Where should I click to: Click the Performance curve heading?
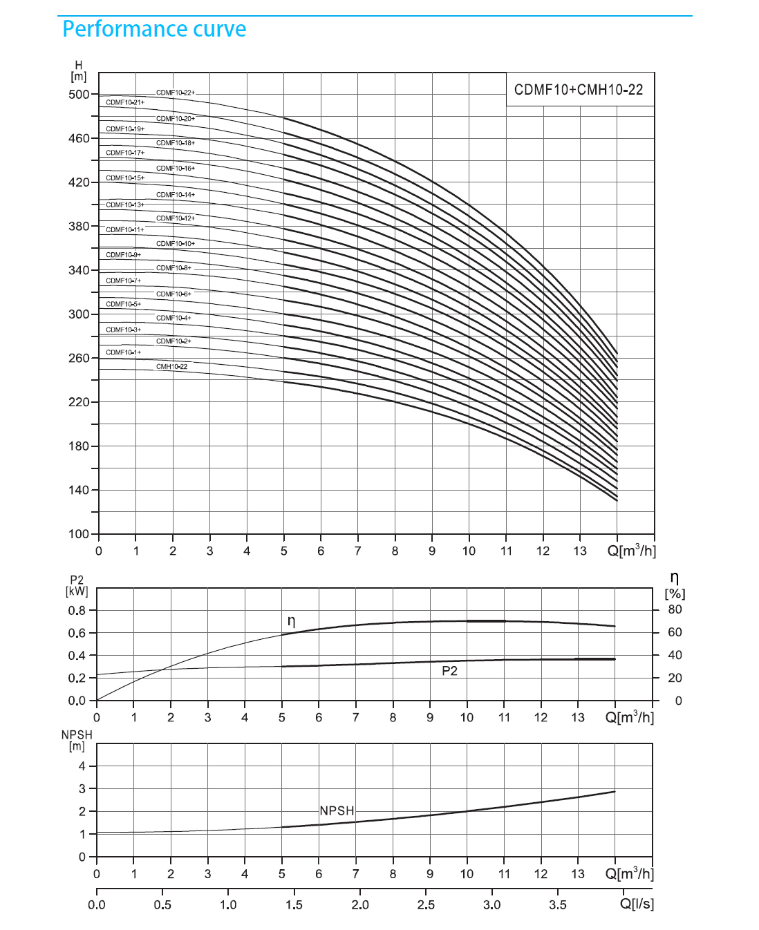[x=154, y=29]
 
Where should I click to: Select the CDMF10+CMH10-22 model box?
[x=579, y=90]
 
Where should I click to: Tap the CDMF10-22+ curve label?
[x=175, y=93]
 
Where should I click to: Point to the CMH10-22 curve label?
[x=171, y=366]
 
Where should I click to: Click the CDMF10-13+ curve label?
[x=125, y=205]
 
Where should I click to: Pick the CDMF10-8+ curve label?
[x=174, y=268]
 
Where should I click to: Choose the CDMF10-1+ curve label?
[x=123, y=352]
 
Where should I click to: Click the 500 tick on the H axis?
[x=79, y=95]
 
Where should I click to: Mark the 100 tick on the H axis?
[x=79, y=534]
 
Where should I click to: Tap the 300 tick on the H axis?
[x=79, y=314]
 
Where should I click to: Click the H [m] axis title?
[x=79, y=71]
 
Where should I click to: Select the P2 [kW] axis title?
[x=77, y=586]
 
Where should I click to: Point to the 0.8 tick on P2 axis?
[x=76, y=611]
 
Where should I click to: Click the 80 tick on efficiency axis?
[x=675, y=609]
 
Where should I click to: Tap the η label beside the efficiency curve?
[x=291, y=621]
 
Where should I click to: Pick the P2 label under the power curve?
[x=450, y=671]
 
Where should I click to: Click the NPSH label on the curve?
[x=337, y=810]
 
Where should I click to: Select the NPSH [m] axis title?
[x=77, y=741]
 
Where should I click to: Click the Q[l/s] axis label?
[x=637, y=904]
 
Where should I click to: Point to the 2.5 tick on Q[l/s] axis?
[x=426, y=904]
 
